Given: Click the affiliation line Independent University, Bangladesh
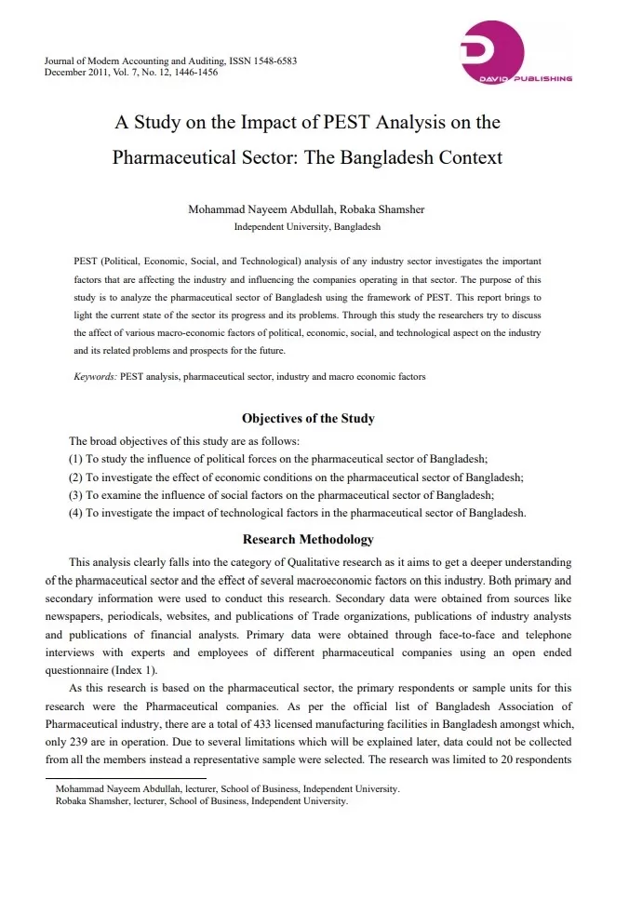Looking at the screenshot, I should tap(307, 226).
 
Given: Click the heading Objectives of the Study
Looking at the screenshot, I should tap(308, 418).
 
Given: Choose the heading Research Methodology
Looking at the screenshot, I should tap(308, 539).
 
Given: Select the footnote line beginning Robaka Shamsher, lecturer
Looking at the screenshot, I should tap(202, 800).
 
